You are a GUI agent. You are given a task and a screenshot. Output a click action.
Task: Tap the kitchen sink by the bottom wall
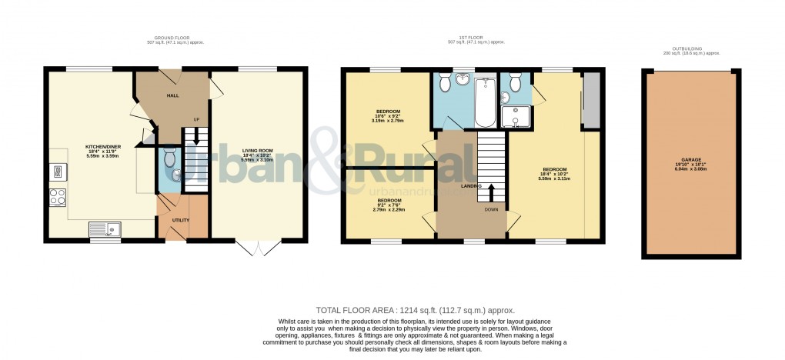[104, 228]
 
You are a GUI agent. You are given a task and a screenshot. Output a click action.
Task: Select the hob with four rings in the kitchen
[58, 196]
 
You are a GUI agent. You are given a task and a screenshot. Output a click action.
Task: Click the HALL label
[172, 95]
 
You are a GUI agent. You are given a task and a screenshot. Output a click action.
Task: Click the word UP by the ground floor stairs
[196, 119]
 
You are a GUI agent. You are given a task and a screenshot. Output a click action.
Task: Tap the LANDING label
[471, 186]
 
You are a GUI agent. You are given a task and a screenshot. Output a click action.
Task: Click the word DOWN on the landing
[491, 208]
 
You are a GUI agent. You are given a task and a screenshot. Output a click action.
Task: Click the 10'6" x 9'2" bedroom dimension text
[388, 116]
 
